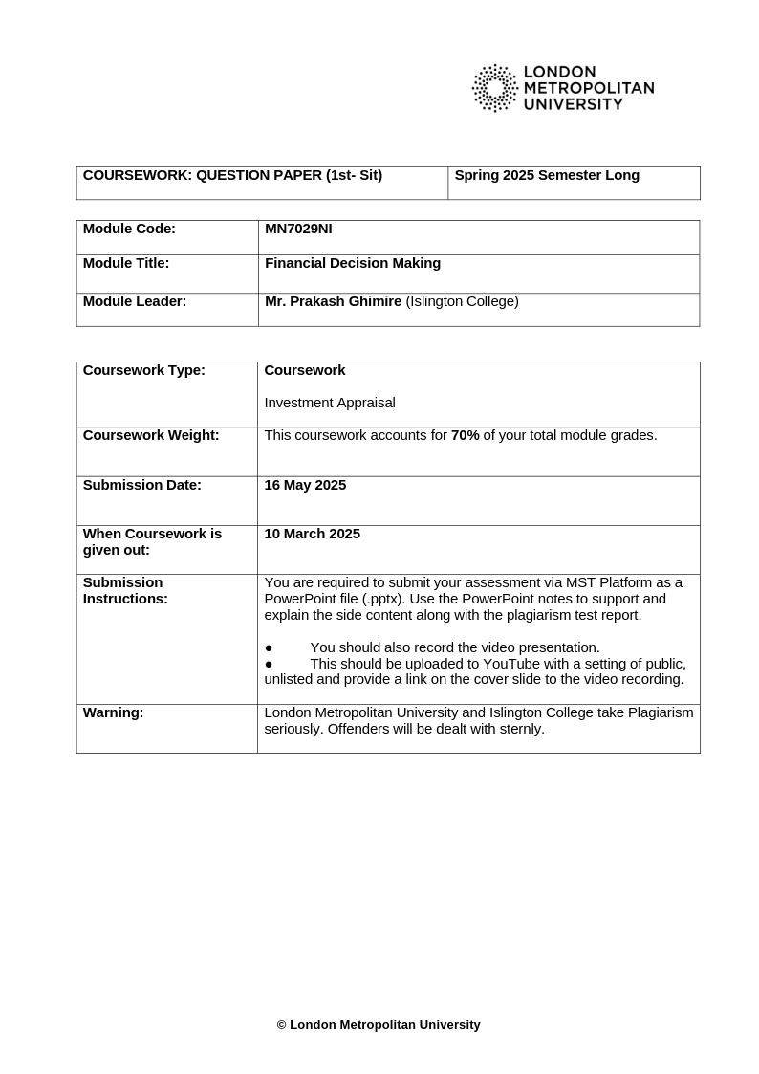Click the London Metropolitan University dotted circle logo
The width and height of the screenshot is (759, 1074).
[494, 88]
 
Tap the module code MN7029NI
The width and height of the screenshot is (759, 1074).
[298, 229]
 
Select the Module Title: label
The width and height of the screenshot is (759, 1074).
[126, 263]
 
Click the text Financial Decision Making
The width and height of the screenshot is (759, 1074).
[353, 263]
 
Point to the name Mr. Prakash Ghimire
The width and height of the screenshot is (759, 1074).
[333, 301]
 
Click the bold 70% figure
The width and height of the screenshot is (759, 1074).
[466, 435]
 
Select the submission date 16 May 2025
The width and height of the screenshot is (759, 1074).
[305, 485]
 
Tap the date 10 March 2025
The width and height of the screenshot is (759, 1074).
[312, 534]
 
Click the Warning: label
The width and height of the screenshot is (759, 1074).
[113, 712]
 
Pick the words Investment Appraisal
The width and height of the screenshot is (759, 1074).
[330, 403]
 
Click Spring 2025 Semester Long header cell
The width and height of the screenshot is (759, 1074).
[547, 175]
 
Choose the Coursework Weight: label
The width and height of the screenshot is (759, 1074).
[151, 435]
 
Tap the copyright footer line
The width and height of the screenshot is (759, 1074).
[379, 1025]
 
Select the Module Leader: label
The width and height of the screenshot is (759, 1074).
[135, 301]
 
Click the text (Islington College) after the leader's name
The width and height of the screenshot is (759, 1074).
[463, 301]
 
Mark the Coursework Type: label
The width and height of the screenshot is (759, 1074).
[144, 370]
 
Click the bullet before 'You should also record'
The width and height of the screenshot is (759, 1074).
[269, 648]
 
